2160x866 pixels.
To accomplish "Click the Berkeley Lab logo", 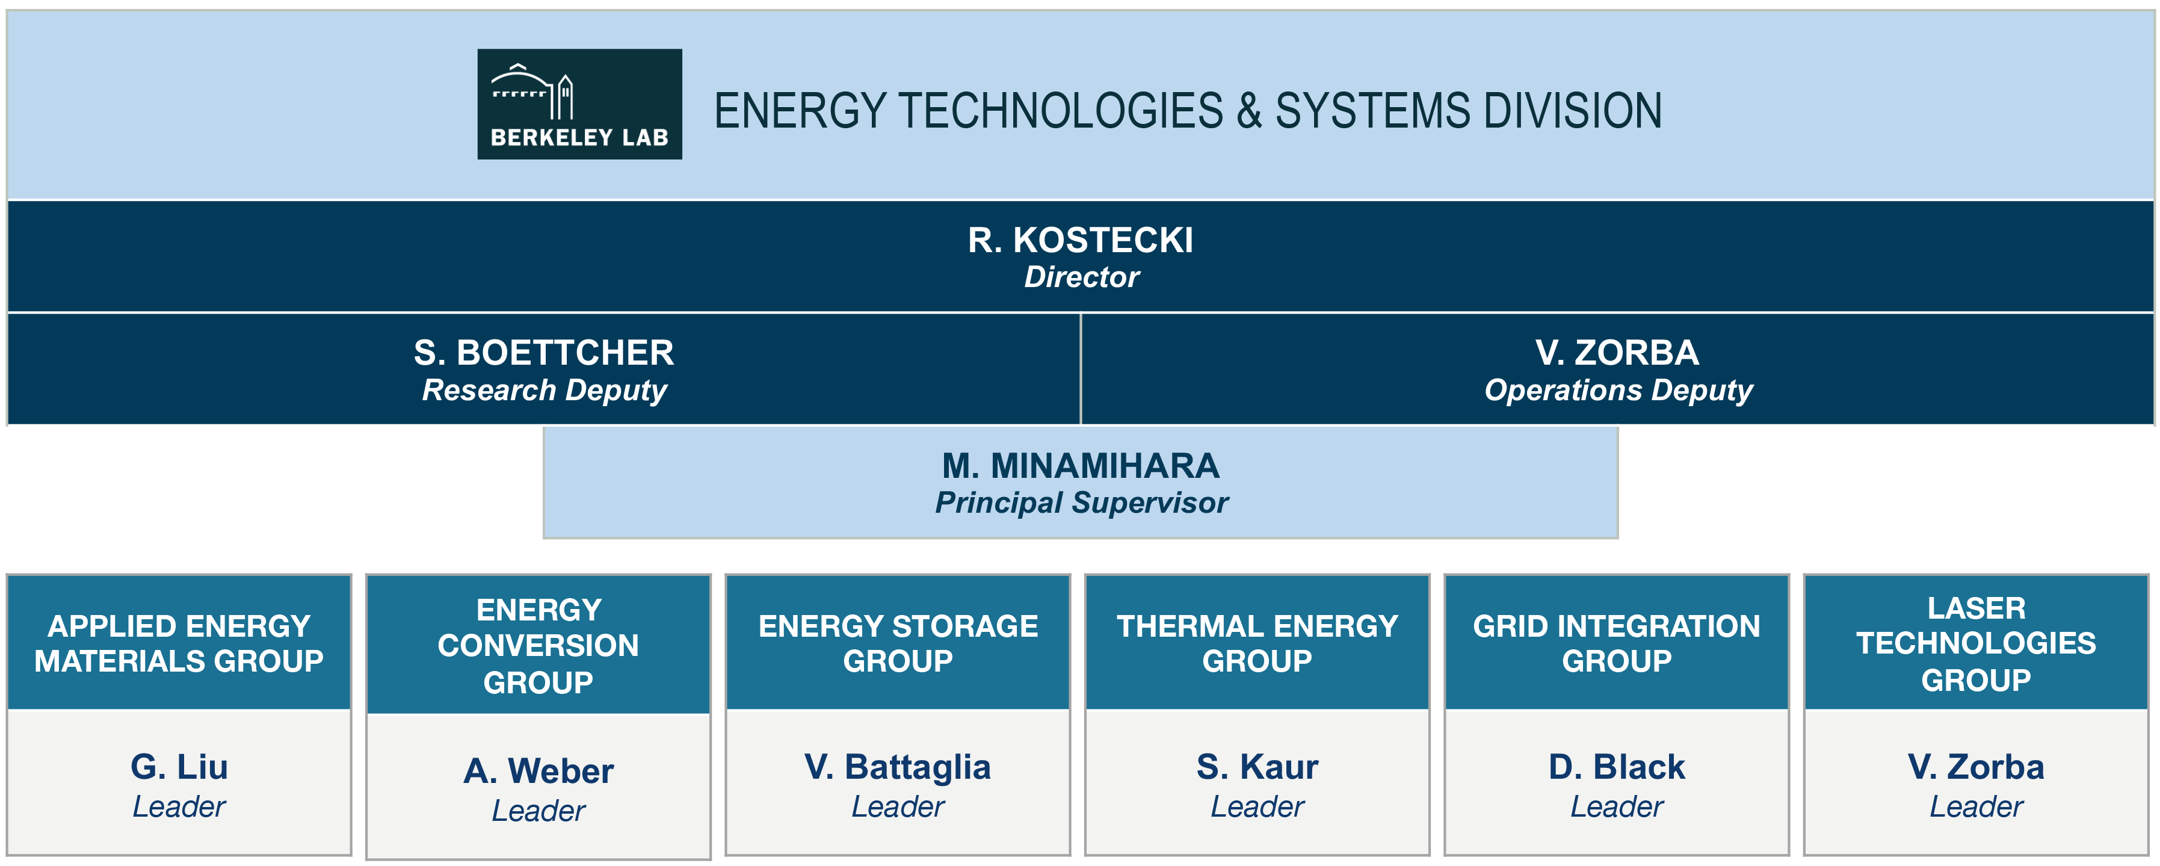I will tap(579, 104).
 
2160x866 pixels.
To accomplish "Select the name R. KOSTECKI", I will tap(1080, 241).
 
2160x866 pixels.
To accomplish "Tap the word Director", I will tap(1081, 277).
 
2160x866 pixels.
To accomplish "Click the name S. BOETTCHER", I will tap(543, 353).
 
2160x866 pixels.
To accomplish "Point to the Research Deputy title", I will tap(544, 391).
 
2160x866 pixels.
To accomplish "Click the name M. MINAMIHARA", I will tap(1080, 466).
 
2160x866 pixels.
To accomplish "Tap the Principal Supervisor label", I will tap(1081, 503).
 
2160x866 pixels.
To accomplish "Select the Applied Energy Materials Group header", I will tap(179, 644).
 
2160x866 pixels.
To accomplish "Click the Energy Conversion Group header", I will tap(538, 646).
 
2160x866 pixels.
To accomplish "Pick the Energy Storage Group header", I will tap(898, 644).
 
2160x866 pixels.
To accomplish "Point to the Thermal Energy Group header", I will tap(1257, 644).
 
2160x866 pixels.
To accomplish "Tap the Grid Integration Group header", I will tap(1617, 644).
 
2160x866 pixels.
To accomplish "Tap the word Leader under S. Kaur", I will tap(1257, 807).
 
